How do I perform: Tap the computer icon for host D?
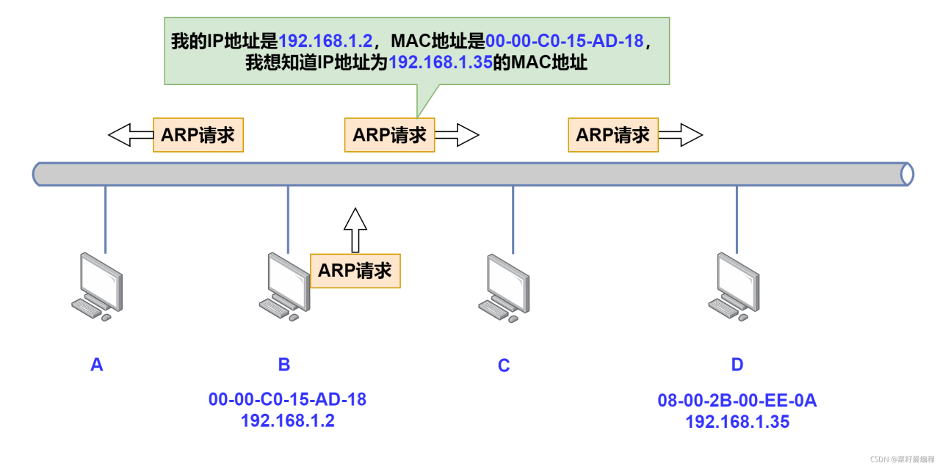737,286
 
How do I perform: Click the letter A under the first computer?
96,365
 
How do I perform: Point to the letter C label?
504,365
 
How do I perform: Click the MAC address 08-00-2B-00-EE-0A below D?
737,401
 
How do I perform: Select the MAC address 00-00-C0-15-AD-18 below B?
287,400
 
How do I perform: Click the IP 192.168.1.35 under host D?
737,422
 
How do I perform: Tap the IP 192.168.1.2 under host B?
287,421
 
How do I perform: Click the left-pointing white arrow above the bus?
130,134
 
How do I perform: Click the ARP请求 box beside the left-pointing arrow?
198,135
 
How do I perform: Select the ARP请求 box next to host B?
355,270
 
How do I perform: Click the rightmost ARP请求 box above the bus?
613,135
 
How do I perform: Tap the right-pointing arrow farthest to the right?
681,134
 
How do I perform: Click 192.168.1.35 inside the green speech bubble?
440,62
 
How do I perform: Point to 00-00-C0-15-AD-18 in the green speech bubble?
564,40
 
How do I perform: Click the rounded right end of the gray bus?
906,174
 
